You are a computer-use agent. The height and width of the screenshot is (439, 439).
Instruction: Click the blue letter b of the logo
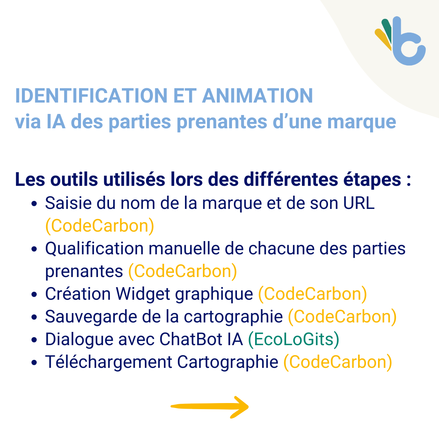(407, 49)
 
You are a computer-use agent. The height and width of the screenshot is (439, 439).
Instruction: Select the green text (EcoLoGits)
(293, 339)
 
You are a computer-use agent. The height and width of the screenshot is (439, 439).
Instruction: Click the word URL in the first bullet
(359, 203)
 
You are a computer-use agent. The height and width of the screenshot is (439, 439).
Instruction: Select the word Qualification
(94, 249)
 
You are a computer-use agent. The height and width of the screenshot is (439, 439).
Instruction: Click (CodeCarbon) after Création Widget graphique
(312, 294)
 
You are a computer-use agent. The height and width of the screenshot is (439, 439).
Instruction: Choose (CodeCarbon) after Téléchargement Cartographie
(338, 362)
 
